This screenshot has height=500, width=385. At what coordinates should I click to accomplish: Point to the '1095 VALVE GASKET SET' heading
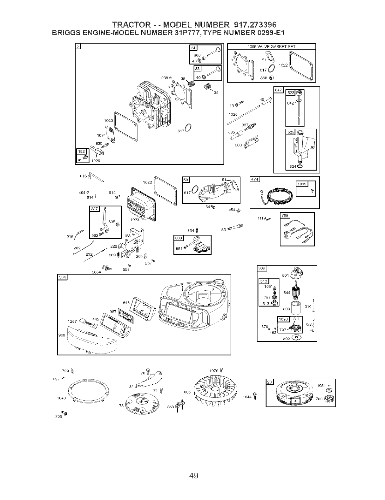[271, 46]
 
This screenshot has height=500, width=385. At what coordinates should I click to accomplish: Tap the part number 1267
[73, 321]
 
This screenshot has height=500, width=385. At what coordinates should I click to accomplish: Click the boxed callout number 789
[285, 216]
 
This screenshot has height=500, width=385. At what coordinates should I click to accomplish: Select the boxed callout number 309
[262, 268]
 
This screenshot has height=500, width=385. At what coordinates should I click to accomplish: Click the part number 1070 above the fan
[214, 370]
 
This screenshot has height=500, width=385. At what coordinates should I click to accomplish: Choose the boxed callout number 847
[278, 90]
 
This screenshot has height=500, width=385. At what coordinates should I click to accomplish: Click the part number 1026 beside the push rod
[233, 114]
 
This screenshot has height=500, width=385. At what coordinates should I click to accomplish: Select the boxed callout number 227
[95, 209]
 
